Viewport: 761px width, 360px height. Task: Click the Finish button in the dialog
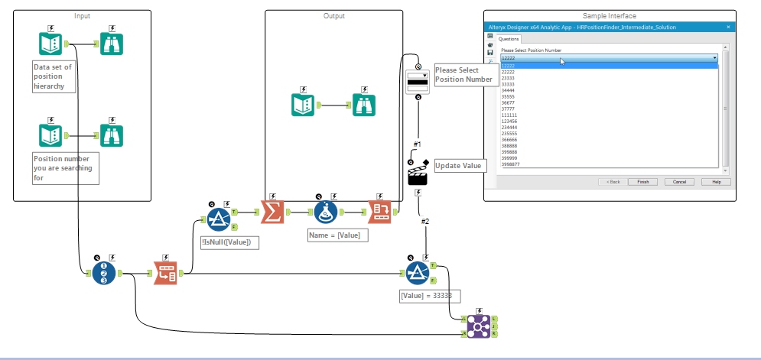[642, 182]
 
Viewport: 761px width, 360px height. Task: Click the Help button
[716, 182]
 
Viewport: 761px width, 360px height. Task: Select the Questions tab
[509, 39]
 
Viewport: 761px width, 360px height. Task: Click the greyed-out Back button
[613, 182]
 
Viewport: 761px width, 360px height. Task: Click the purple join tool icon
[478, 326]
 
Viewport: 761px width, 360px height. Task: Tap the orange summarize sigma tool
[272, 212]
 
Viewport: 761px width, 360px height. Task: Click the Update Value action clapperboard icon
[418, 174]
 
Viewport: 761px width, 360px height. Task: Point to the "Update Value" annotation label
[459, 165]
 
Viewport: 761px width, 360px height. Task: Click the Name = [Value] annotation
[337, 235]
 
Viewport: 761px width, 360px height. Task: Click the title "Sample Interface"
[609, 15]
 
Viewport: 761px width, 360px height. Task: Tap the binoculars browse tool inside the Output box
[364, 105]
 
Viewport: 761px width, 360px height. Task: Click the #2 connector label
[424, 222]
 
